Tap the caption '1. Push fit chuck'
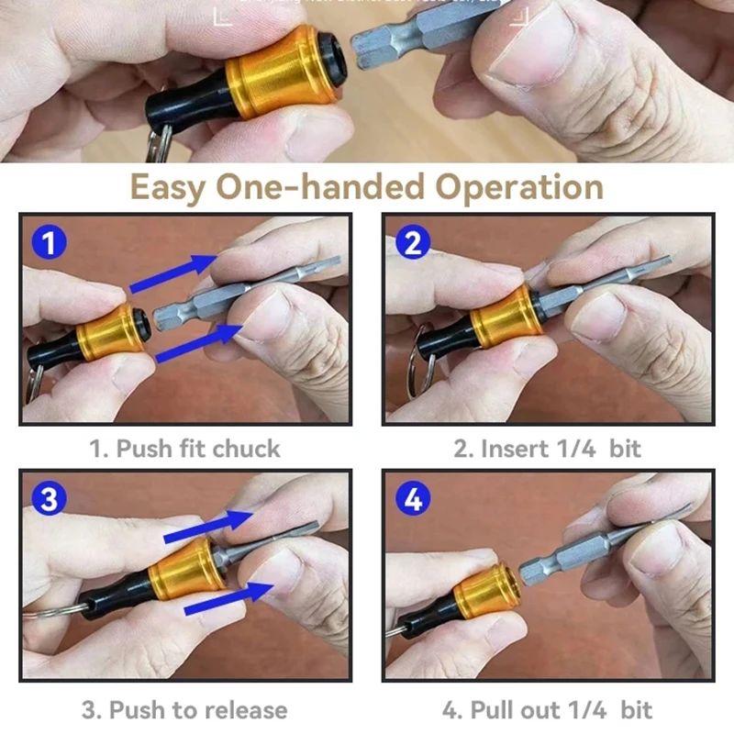point(184,449)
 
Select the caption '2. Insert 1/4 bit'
point(547,449)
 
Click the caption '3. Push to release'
point(184,709)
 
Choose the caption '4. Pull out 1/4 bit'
point(547,709)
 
